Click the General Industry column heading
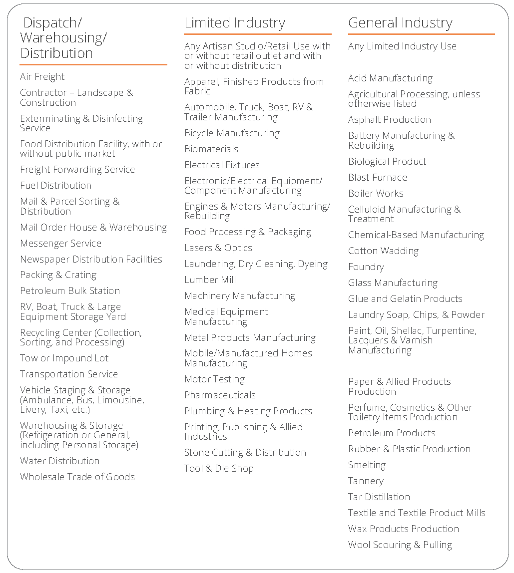[x=400, y=23]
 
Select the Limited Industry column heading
[x=235, y=23]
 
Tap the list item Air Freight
[x=42, y=77]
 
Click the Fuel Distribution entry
[x=55, y=186]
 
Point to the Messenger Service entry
[x=60, y=244]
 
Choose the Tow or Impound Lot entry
[x=64, y=358]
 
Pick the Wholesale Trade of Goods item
[x=77, y=477]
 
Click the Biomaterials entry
[x=211, y=149]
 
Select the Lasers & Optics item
[x=218, y=248]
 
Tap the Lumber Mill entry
[x=210, y=280]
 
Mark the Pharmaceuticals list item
[x=220, y=395]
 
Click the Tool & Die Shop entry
[x=219, y=469]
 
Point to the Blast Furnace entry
[x=378, y=178]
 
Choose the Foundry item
[x=366, y=267]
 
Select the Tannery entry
[x=366, y=481]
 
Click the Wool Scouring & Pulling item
[x=400, y=545]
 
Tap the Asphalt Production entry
[x=390, y=120]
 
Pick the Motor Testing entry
[x=214, y=379]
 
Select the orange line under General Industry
[x=421, y=34]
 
